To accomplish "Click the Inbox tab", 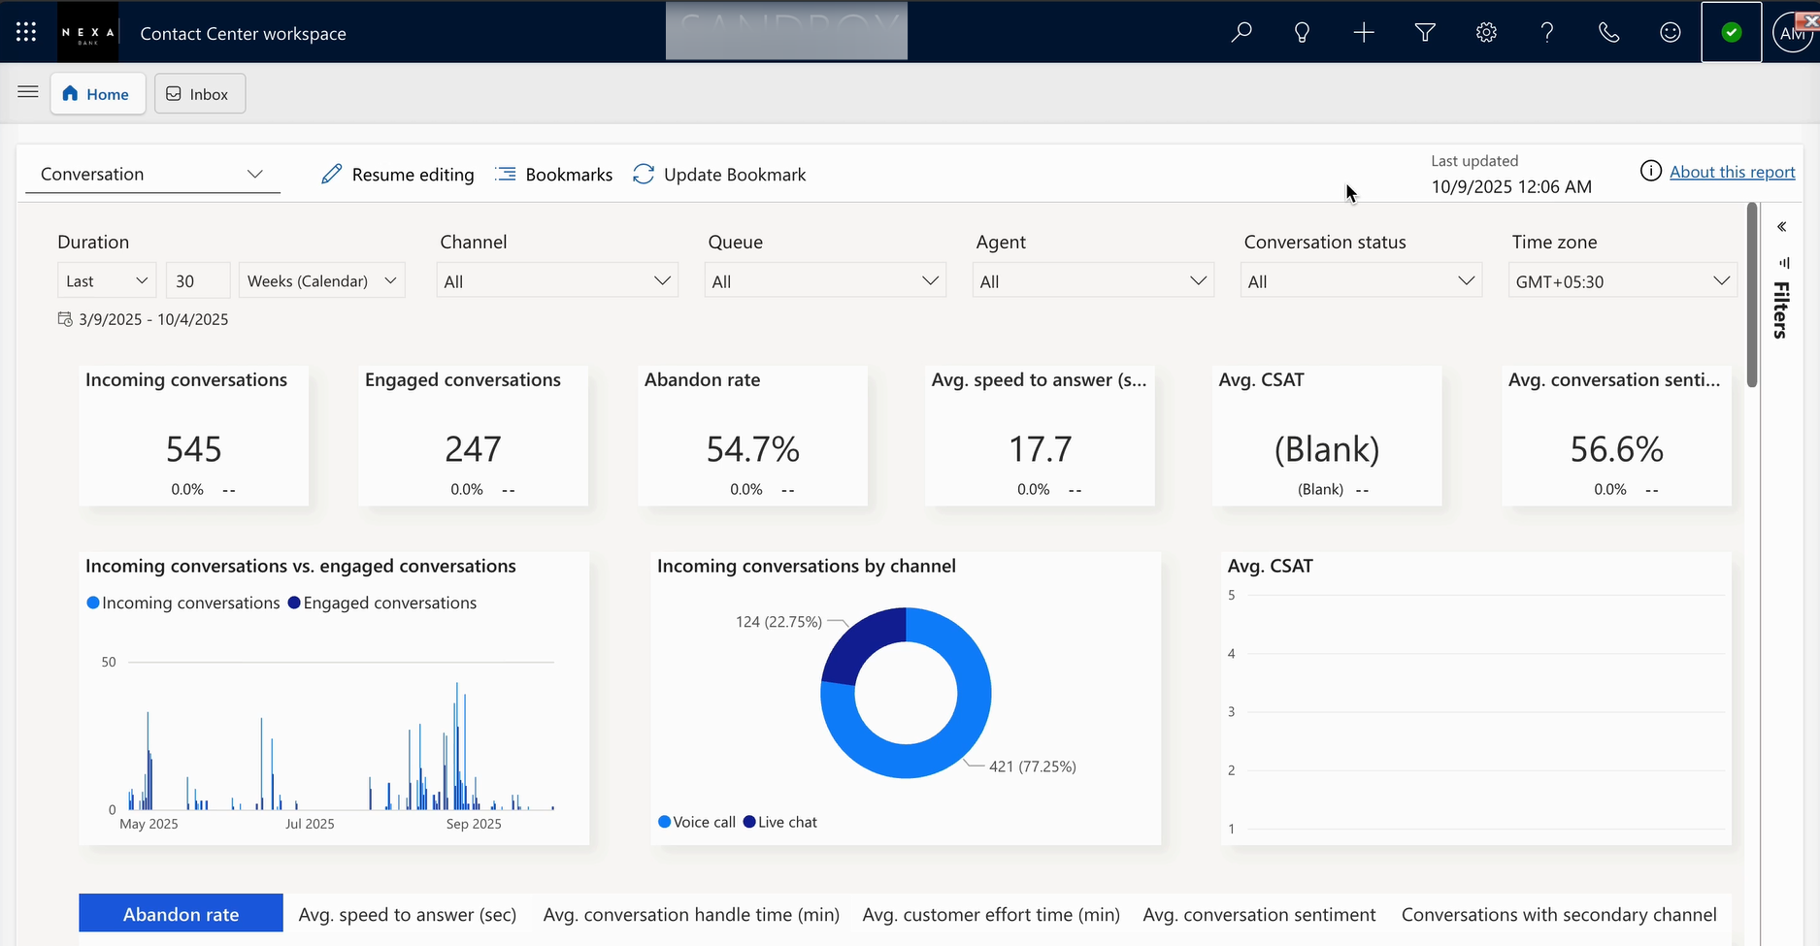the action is click(x=199, y=94).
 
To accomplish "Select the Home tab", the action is click(x=97, y=94).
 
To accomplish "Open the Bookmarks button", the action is click(x=554, y=175).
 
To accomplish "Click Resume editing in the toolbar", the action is click(x=398, y=175).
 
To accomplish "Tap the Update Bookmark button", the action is click(x=719, y=175).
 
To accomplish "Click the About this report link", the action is click(x=1732, y=172).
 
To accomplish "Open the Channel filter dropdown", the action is click(x=557, y=281).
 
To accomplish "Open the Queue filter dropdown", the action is click(x=825, y=281).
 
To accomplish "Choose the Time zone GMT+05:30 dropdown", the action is click(x=1622, y=281).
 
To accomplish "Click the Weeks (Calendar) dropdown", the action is click(x=322, y=280).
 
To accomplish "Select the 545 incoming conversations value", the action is click(x=194, y=449).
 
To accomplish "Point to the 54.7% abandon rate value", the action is click(x=753, y=449).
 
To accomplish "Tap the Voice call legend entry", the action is click(x=697, y=822).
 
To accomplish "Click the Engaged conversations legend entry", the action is click(x=382, y=603).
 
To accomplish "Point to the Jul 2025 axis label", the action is click(x=310, y=824).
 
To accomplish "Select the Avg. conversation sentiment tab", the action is click(x=1259, y=915).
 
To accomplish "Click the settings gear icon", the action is click(x=1486, y=33).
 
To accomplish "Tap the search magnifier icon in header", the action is click(x=1241, y=33).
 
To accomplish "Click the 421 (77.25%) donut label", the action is click(x=1033, y=767).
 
